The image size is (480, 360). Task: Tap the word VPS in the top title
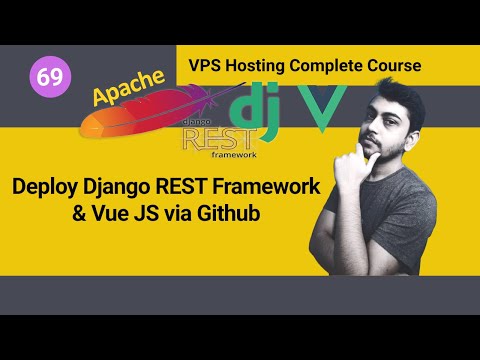tap(206, 65)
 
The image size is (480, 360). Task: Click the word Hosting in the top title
tap(260, 65)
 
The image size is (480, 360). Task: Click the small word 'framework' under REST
tap(233, 155)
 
